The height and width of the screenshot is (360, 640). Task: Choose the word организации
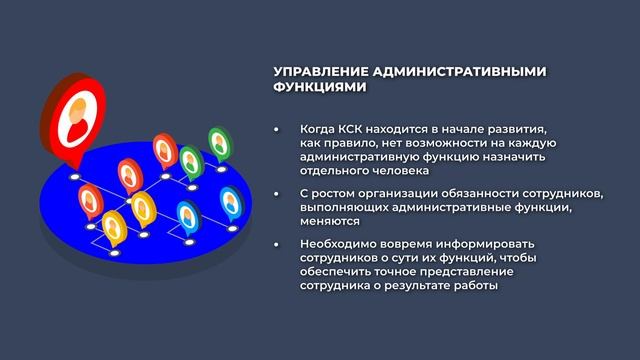(x=392, y=192)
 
